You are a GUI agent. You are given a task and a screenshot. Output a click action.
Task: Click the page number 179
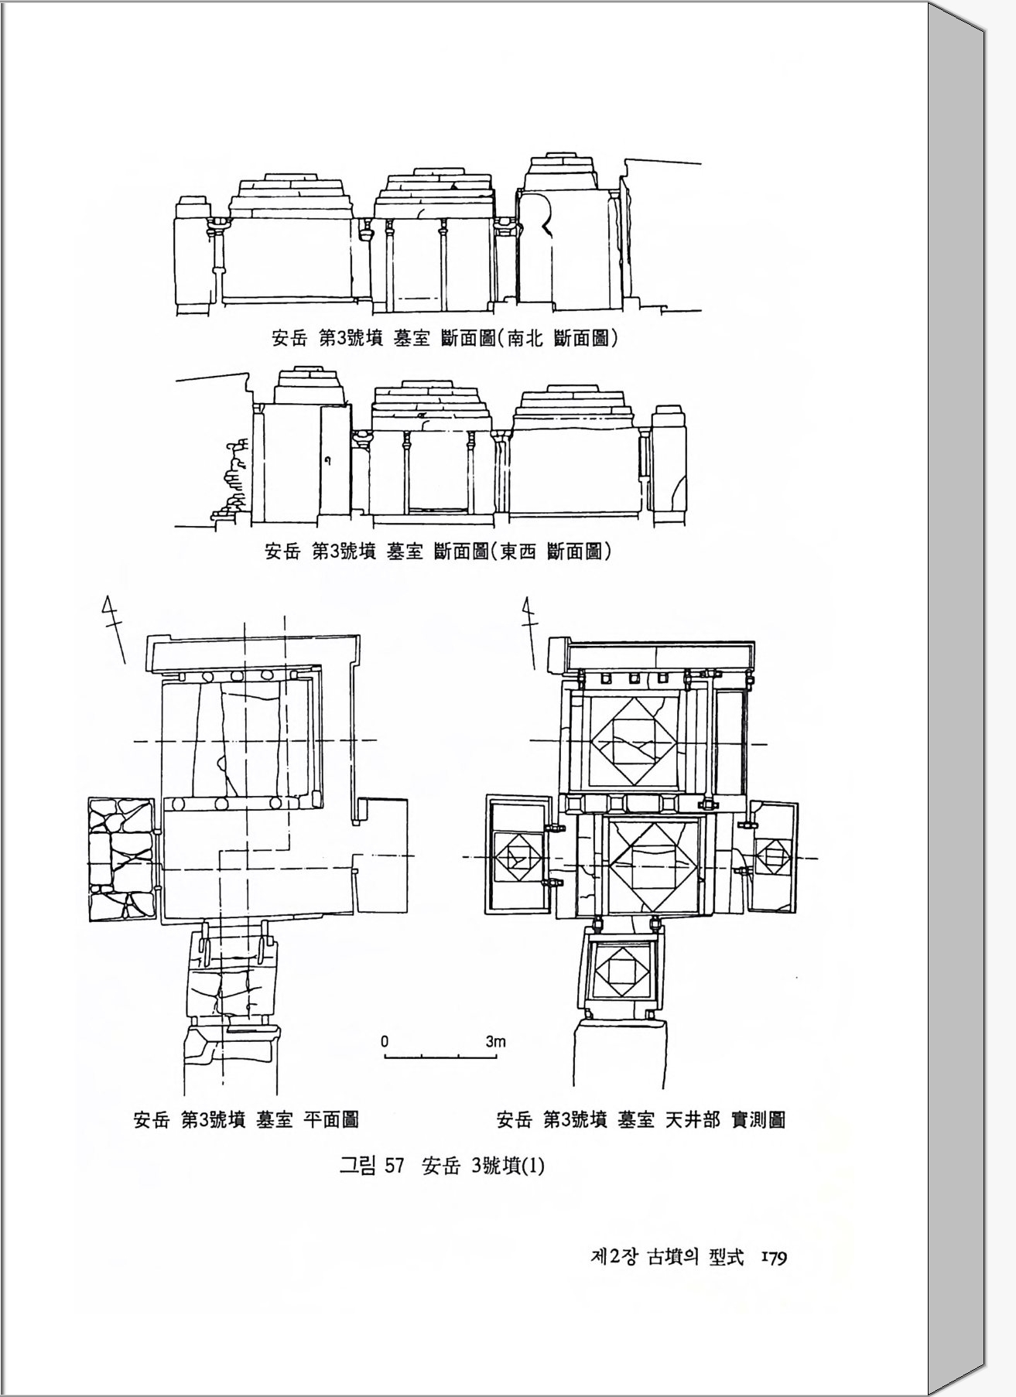(774, 1259)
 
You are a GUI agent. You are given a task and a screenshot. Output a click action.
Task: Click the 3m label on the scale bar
(495, 1041)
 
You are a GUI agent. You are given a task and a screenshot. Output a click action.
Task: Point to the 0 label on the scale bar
(385, 1041)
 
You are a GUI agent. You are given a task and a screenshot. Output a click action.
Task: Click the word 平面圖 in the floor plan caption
(330, 1119)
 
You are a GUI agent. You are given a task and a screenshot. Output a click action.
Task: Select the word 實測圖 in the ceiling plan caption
(758, 1119)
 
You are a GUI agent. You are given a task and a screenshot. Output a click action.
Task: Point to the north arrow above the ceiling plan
(530, 630)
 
